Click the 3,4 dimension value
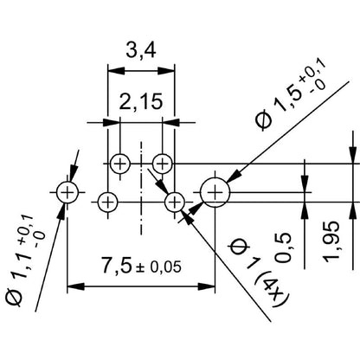point(141,51)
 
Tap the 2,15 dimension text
point(141,102)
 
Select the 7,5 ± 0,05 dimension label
point(141,267)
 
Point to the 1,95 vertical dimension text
point(331,241)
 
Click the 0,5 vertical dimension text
point(283,247)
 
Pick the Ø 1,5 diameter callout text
point(291,94)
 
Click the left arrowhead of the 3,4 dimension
point(116,71)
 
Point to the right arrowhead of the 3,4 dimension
point(166,71)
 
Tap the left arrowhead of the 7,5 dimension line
point(75,286)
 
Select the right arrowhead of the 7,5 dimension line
point(207,286)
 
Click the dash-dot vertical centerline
point(141,188)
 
